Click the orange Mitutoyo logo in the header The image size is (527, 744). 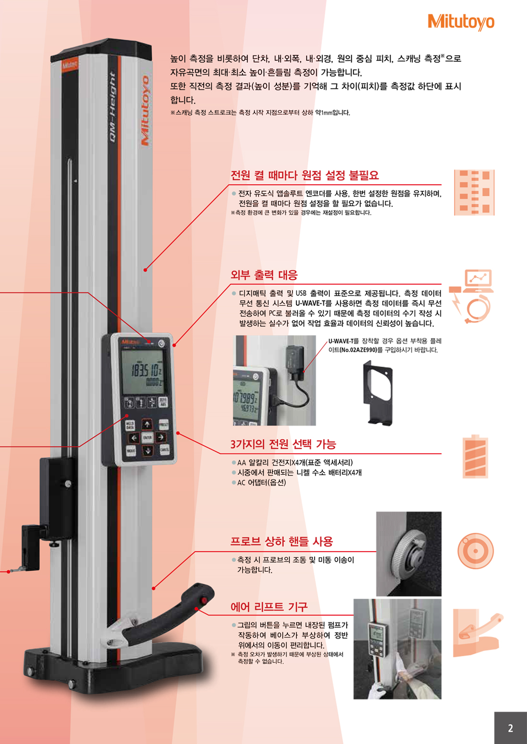461,22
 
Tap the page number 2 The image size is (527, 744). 510,728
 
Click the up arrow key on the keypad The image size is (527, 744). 147,424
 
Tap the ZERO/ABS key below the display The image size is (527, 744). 163,402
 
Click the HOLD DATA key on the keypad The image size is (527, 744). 130,426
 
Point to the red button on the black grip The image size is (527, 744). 204,600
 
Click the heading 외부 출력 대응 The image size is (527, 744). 264,275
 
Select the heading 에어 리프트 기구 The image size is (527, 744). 269,607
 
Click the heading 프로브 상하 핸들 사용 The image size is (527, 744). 282,542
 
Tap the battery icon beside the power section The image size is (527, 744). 475,456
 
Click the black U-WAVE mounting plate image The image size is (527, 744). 378,393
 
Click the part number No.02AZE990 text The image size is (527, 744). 356,350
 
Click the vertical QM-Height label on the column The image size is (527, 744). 113,107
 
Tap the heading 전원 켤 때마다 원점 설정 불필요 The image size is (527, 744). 305,176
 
